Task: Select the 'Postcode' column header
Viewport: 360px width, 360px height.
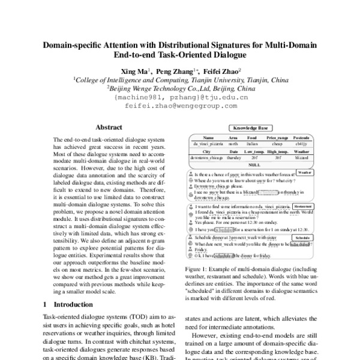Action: click(x=301, y=138)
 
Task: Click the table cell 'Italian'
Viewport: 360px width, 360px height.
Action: click(x=252, y=144)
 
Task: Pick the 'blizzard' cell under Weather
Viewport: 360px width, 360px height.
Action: click(x=301, y=157)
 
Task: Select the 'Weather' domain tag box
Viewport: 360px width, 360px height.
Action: click(x=304, y=172)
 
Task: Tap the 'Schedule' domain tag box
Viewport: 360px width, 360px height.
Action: click(x=304, y=238)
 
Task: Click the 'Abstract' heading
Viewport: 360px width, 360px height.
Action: click(x=110, y=127)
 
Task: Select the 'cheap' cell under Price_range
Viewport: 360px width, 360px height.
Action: click(x=277, y=144)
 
